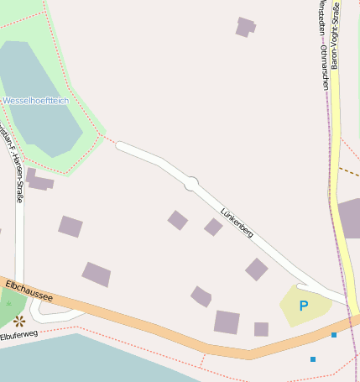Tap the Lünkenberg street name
click(237, 222)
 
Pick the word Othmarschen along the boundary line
click(324, 66)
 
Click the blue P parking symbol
click(304, 306)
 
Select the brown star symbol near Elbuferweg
click(18, 320)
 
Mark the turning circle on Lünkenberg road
click(191, 182)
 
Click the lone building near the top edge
click(245, 27)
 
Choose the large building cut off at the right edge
click(348, 218)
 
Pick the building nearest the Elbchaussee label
click(97, 274)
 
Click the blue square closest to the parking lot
click(333, 335)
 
